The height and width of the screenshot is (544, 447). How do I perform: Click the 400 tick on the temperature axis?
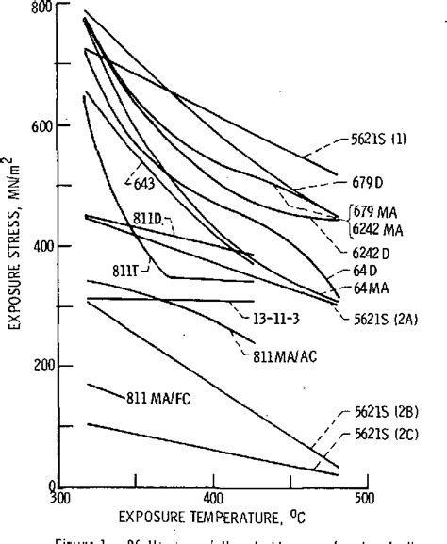213,498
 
